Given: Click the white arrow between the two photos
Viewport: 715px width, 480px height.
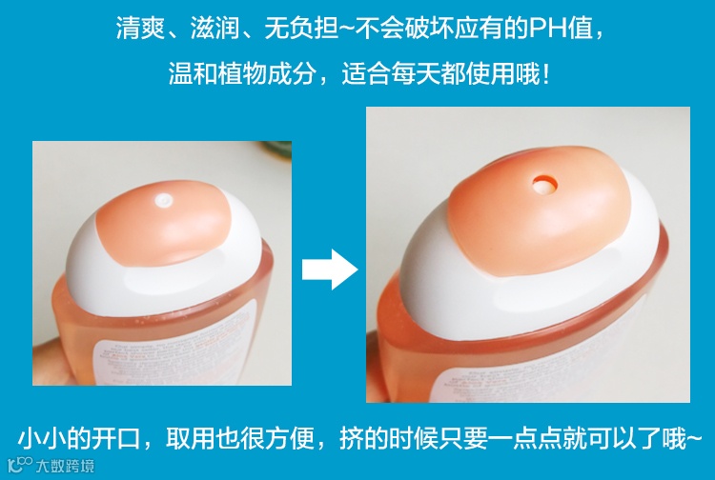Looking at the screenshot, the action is click(x=330, y=270).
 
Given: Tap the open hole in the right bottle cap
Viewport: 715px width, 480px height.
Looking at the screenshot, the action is click(x=545, y=185).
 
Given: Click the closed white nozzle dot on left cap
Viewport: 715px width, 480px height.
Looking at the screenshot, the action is click(x=163, y=200).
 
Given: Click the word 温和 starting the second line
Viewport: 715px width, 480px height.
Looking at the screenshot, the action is click(x=193, y=73).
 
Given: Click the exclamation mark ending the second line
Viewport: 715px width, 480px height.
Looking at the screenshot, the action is click(x=546, y=73).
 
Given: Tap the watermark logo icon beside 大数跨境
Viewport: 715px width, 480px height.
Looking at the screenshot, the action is click(x=20, y=465).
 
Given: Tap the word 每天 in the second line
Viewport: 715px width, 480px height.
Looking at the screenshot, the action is click(x=416, y=73).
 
